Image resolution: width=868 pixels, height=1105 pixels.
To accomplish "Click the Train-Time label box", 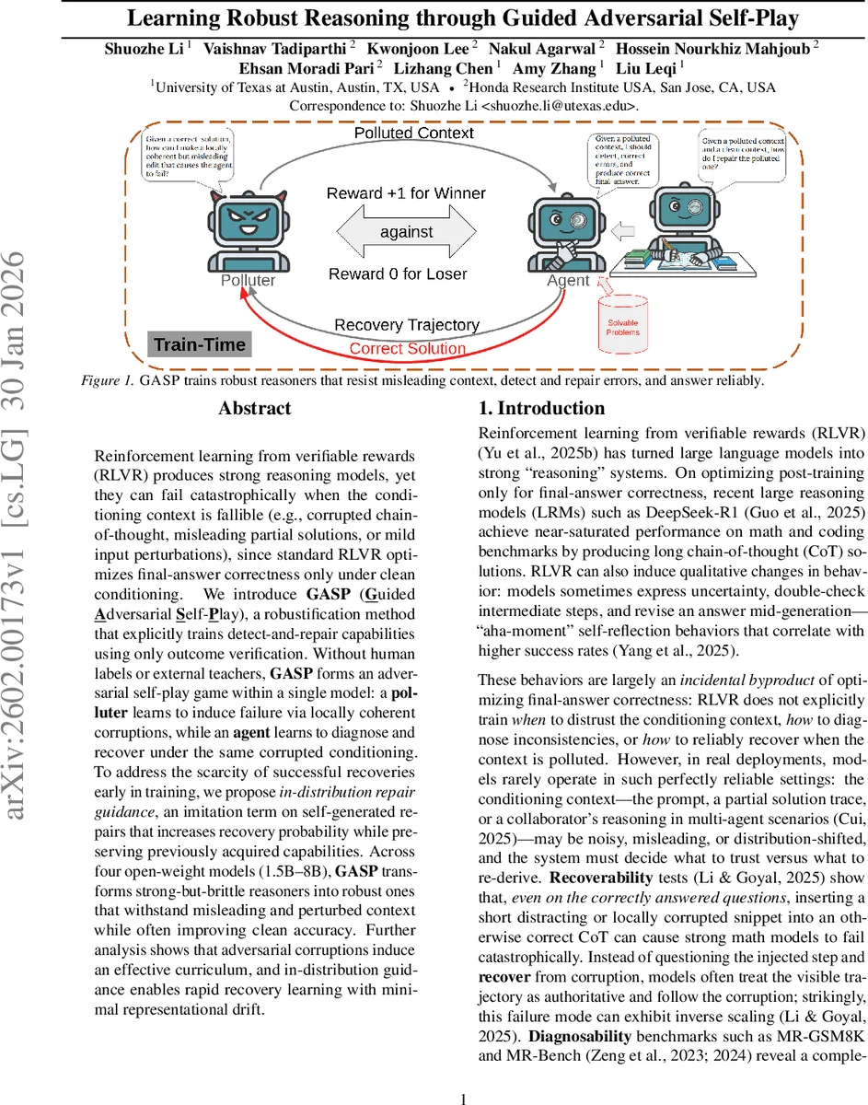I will (199, 344).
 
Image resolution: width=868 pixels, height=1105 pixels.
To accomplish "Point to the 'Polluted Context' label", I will (414, 134).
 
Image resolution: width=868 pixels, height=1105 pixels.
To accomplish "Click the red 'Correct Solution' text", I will (407, 349).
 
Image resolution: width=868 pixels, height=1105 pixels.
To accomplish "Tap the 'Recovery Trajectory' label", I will (406, 325).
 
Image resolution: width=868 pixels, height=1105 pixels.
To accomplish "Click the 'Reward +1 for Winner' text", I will (406, 193).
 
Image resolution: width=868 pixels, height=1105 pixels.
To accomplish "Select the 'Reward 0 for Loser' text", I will (398, 273).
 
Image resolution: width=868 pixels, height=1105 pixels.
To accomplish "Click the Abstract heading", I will (255, 408).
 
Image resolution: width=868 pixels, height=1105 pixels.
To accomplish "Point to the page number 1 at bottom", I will (464, 1073).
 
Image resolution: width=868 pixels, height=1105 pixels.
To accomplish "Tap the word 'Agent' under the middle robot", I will (568, 280).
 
